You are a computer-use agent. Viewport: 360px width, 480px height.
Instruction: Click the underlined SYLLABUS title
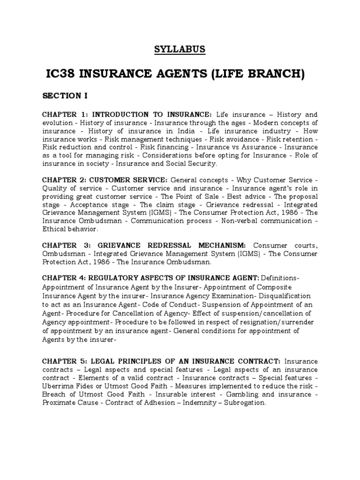click(x=180, y=48)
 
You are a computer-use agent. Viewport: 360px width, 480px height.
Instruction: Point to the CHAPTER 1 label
click(x=64, y=115)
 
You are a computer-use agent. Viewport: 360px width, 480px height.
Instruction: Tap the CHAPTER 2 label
click(x=64, y=180)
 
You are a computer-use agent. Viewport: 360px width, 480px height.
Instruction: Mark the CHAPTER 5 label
click(x=64, y=361)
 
